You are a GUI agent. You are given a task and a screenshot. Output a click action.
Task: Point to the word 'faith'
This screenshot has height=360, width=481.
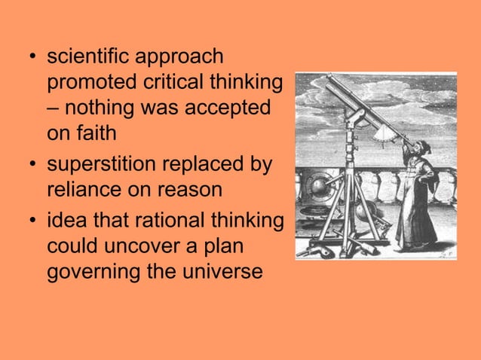tap(100, 133)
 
